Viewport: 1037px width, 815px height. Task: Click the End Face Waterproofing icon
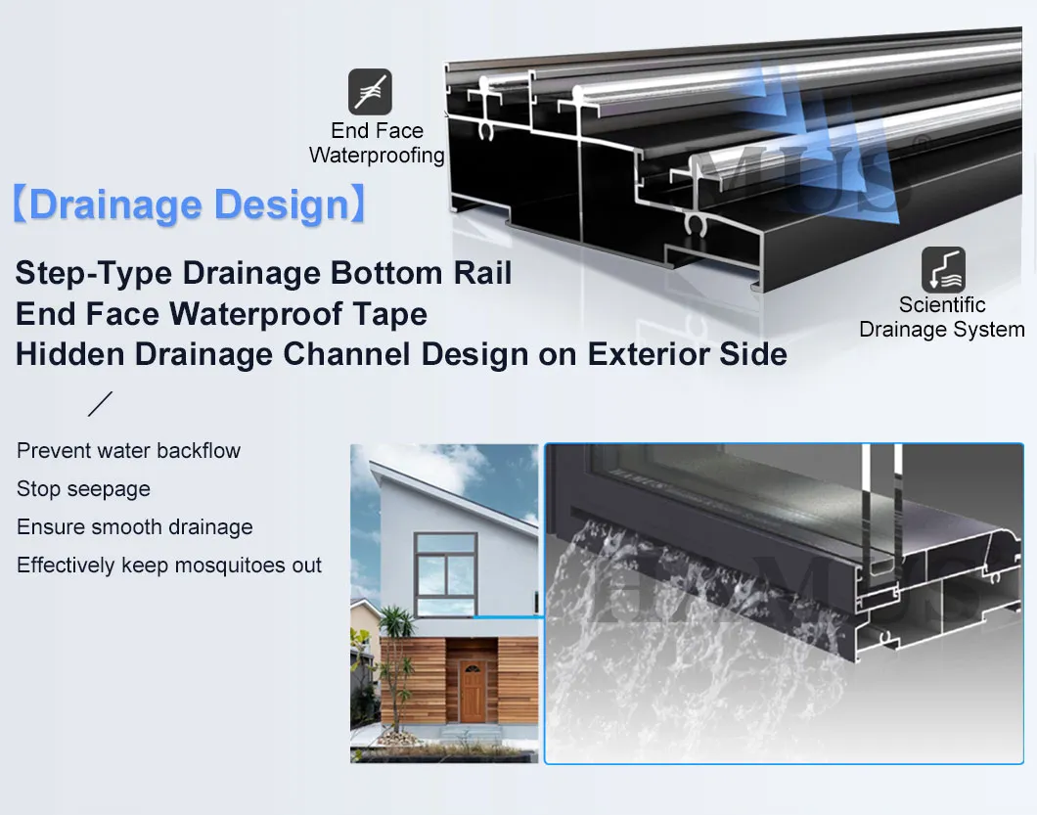[x=370, y=92]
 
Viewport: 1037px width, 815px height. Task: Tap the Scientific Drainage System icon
[x=943, y=269]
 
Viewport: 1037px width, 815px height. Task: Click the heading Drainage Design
[x=189, y=205]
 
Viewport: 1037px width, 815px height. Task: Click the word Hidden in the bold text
[x=70, y=354]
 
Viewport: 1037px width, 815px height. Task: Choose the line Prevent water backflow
[x=128, y=451]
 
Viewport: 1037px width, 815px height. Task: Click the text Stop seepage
[x=83, y=489]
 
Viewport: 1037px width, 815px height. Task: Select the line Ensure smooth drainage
[x=134, y=527]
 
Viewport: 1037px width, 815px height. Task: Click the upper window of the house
[x=444, y=574]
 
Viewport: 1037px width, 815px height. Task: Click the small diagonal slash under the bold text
[x=100, y=403]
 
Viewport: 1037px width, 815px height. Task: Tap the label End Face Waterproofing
[x=377, y=143]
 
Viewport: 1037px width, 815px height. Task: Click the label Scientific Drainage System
[x=941, y=317]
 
